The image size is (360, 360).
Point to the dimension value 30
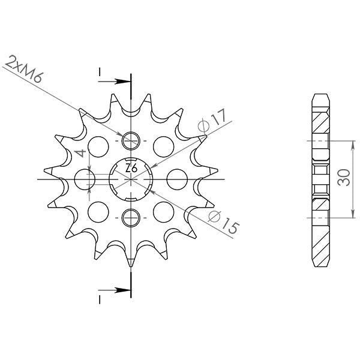click(344, 178)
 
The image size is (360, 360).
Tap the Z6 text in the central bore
click(131, 169)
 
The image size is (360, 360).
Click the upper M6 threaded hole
click(130, 141)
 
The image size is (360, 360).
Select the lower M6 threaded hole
click(130, 217)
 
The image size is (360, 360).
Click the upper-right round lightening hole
click(163, 145)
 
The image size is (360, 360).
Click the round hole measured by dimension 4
click(87, 178)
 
